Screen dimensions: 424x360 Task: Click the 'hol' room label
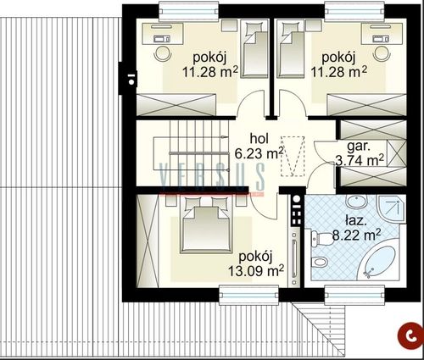tap(259, 139)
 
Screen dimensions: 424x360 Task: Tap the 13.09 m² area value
tap(256, 271)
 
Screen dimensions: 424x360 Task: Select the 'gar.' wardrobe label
tap(359, 146)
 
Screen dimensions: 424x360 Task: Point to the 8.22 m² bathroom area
tap(356, 235)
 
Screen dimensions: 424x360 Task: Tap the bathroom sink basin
tap(357, 202)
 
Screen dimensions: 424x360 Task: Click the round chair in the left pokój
tap(163, 53)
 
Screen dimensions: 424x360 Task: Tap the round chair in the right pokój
tap(382, 53)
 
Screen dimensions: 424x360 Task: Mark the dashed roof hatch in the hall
tap(293, 156)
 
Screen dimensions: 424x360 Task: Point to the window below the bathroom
tap(354, 295)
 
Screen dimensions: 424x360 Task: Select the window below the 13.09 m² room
tap(249, 295)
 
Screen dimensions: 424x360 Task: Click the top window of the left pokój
tap(189, 11)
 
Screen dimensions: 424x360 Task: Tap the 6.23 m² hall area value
tap(259, 153)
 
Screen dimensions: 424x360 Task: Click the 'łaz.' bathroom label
tap(356, 220)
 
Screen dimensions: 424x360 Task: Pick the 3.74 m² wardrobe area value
tap(360, 160)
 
